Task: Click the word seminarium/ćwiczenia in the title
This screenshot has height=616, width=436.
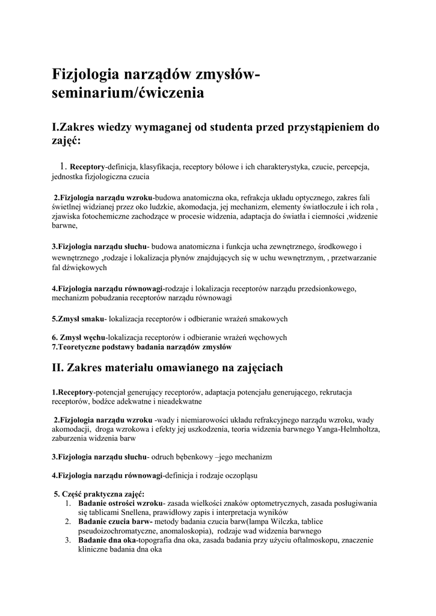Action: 127,94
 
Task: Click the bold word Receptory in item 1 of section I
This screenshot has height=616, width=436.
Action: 88,166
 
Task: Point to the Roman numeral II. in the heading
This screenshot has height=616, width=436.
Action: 58,367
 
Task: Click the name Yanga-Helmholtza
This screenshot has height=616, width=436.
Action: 338,429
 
